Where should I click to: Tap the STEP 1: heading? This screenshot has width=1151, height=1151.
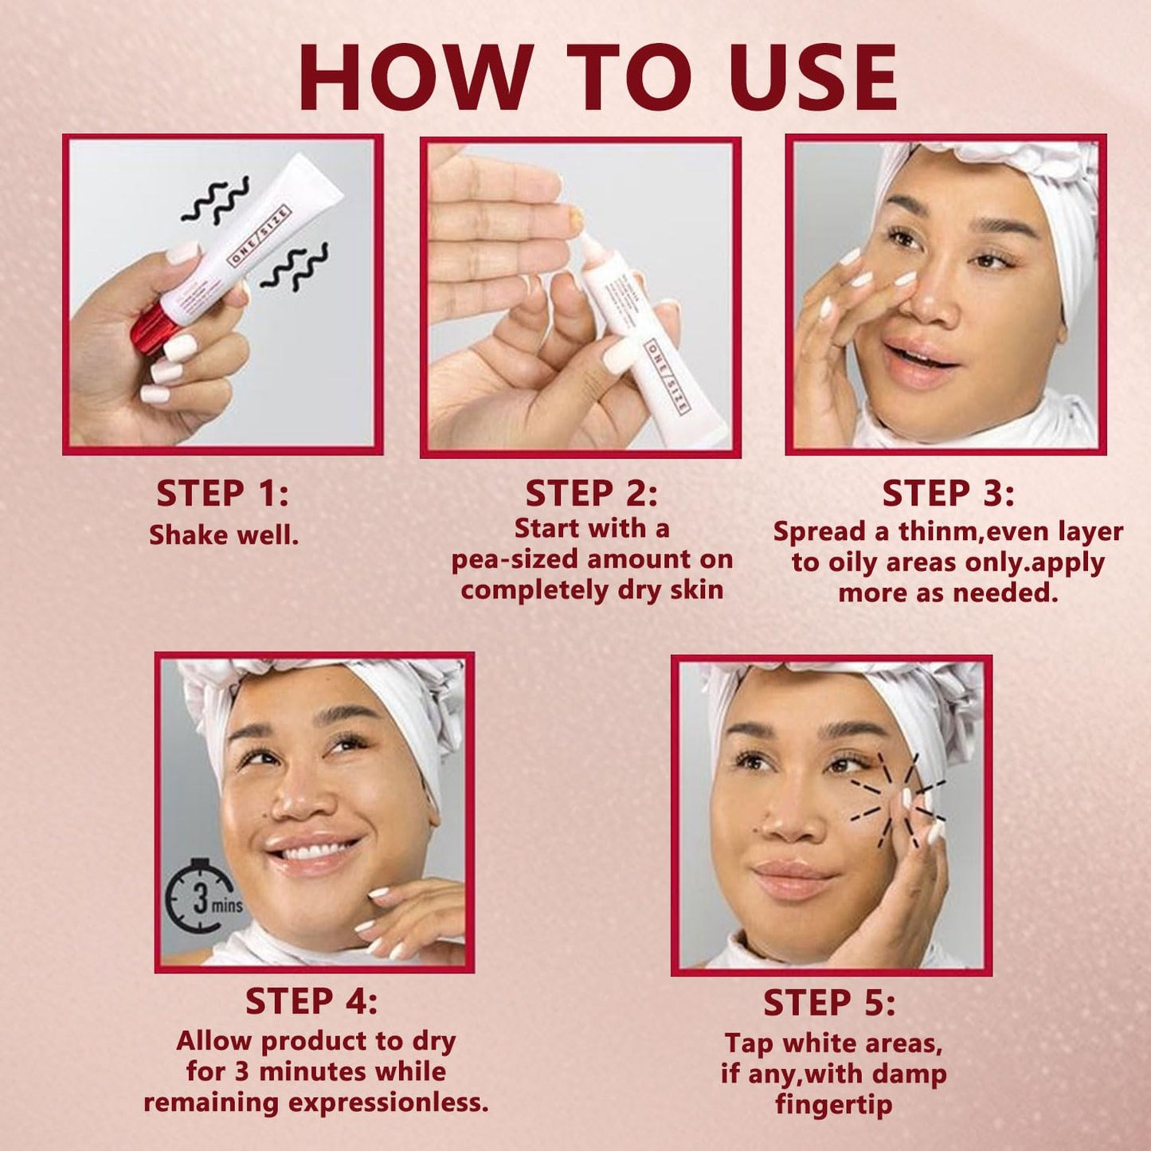point(222,494)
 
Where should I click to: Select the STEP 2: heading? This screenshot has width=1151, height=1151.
point(591,494)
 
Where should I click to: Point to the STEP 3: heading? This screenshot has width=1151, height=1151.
point(948,494)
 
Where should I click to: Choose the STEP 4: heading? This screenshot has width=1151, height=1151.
point(311,1001)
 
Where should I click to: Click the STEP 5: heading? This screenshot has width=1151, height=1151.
point(829,1003)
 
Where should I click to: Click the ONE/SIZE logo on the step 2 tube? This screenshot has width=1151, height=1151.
point(667,376)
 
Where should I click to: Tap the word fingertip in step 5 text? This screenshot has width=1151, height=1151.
point(833,1105)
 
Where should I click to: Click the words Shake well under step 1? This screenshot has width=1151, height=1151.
point(224,534)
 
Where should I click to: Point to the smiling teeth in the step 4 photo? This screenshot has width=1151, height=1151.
point(315,852)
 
